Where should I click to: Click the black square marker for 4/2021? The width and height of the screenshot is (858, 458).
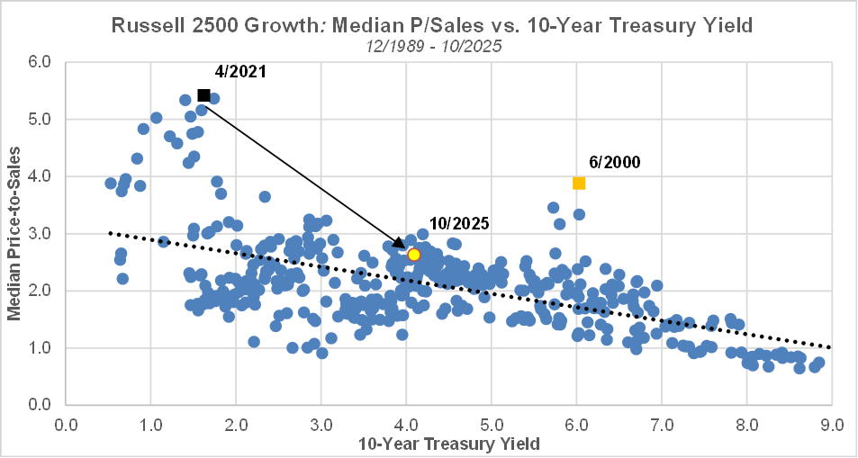pyautogui.click(x=203, y=95)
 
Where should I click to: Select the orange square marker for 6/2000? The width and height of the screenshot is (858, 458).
pyautogui.click(x=579, y=184)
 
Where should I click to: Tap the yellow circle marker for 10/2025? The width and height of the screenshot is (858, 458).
pyautogui.click(x=414, y=255)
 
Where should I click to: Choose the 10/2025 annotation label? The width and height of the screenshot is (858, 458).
pyautogui.click(x=458, y=222)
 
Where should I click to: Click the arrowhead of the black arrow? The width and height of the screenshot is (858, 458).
pyautogui.click(x=403, y=247)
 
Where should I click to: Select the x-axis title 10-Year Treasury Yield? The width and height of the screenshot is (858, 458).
pyautogui.click(x=447, y=443)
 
